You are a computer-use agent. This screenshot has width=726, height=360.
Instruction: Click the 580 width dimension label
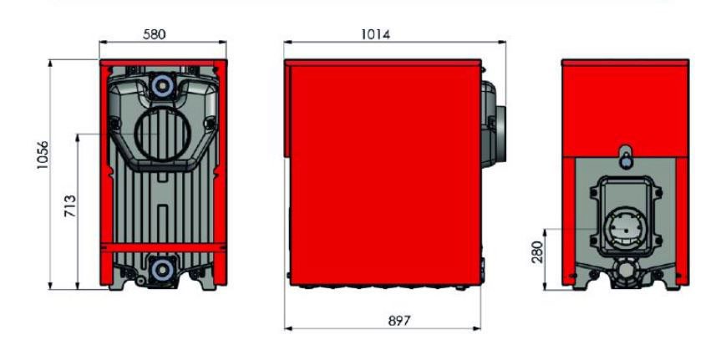[155, 34]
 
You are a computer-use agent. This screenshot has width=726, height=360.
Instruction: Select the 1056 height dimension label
[43, 155]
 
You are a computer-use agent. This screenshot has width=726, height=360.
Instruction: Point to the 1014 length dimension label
[375, 34]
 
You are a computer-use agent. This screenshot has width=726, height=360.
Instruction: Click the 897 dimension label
[399, 321]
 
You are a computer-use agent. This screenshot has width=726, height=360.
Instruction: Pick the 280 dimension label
[537, 251]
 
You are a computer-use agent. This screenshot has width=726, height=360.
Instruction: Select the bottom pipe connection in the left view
[163, 270]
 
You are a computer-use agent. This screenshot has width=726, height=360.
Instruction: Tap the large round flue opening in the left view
[163, 134]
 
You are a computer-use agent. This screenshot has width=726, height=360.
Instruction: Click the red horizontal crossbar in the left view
[163, 247]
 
